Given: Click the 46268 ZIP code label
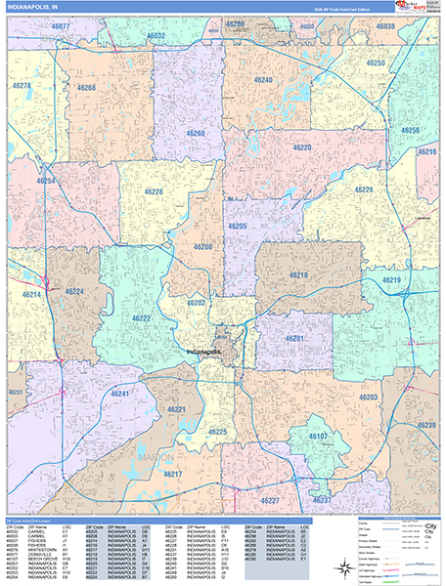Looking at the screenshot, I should tap(86, 88).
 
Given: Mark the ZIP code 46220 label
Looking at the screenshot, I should tap(300, 147).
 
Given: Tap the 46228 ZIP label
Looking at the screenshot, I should tap(154, 191).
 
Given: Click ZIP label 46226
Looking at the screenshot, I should tap(364, 189).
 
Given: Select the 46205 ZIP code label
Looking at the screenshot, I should tap(238, 226).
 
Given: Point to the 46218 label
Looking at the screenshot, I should tap(298, 276).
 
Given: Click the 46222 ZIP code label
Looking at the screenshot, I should tap(141, 318).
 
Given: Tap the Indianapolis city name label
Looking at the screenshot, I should tap(204, 350).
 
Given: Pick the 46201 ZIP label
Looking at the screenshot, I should tap(295, 338).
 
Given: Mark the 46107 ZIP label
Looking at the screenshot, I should tap(319, 435).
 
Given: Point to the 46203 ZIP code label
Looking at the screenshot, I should tap(368, 398).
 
